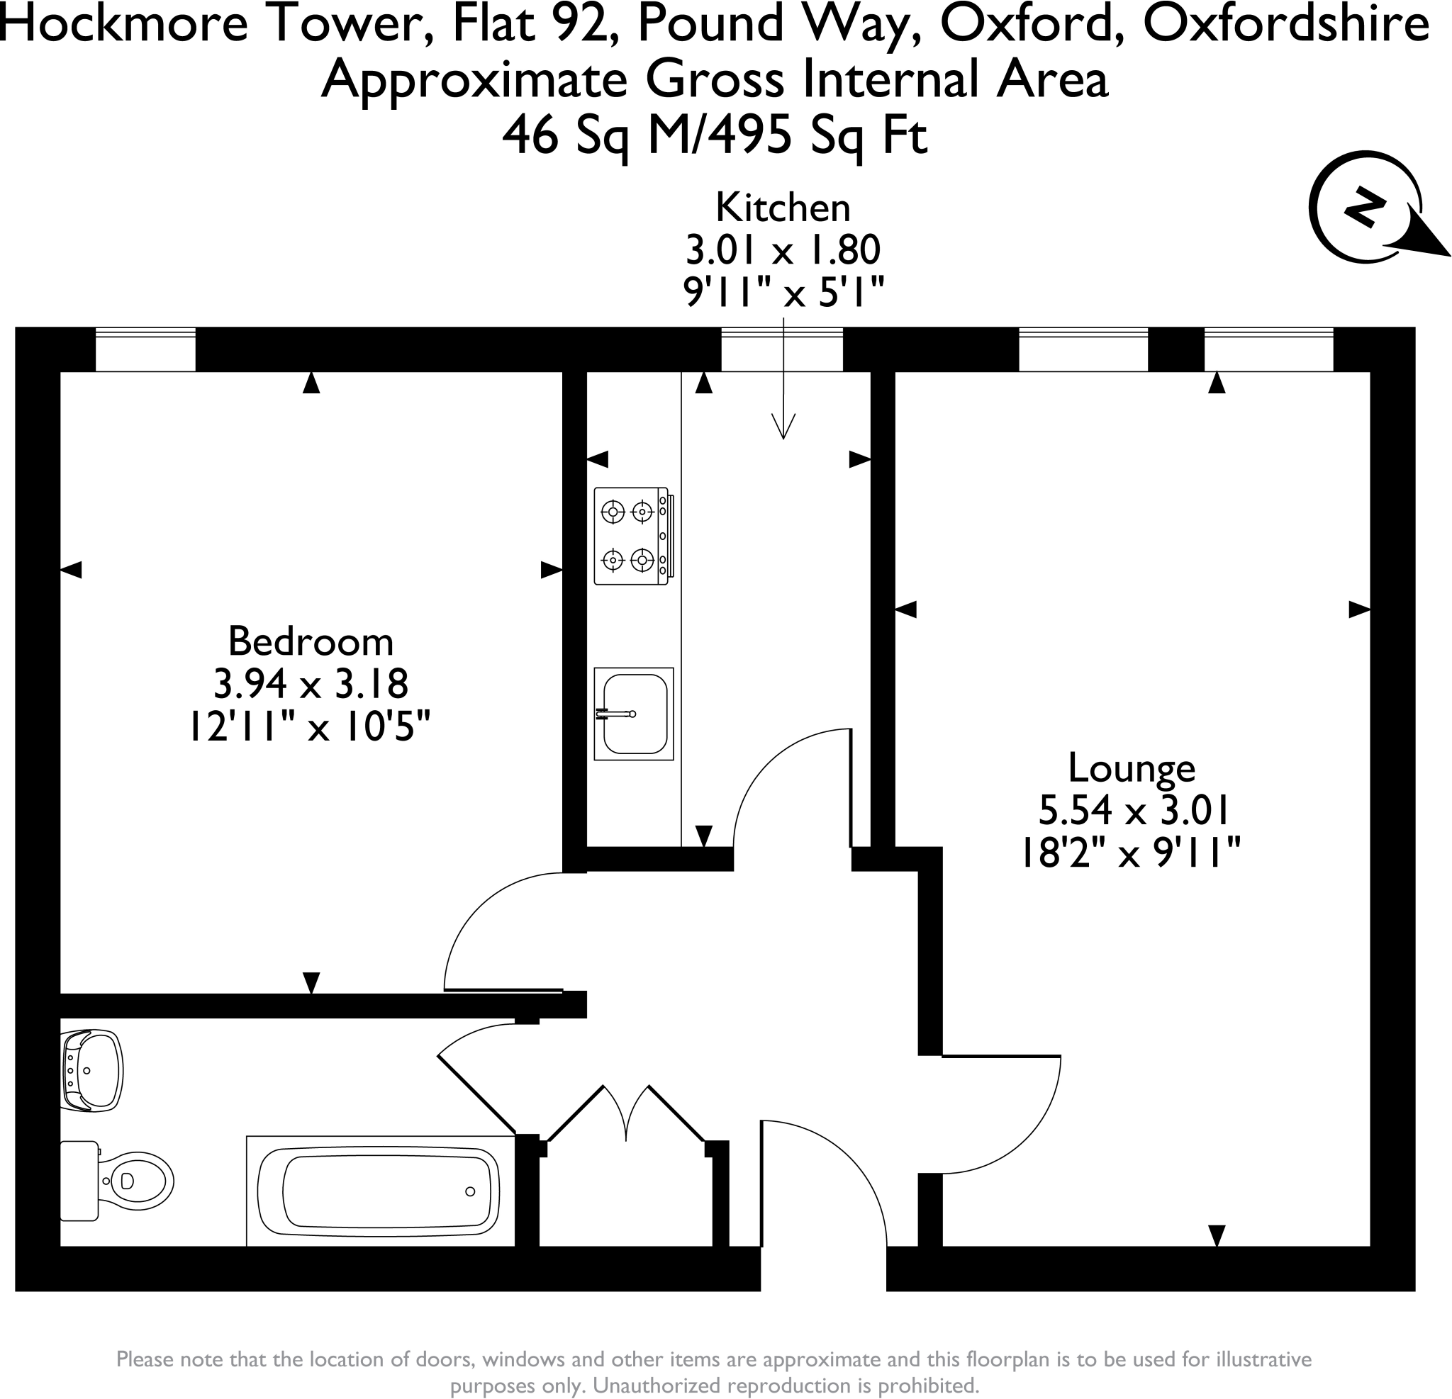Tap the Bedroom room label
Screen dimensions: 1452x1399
click(311, 641)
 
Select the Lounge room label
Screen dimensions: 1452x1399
click(1132, 768)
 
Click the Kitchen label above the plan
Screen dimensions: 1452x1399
click(782, 208)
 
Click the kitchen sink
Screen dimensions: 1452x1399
click(633, 713)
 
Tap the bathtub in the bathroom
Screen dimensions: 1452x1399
click(379, 1191)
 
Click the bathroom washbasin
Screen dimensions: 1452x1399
click(92, 1070)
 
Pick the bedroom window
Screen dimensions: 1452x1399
click(145, 349)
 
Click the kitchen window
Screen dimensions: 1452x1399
click(781, 349)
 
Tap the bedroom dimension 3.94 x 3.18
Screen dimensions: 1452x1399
click(311, 684)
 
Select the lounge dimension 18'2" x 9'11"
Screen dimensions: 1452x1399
click(1132, 853)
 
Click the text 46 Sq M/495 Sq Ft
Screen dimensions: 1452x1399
click(714, 136)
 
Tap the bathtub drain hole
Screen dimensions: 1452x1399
click(469, 1191)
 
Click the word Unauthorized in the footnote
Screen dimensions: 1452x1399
click(663, 1385)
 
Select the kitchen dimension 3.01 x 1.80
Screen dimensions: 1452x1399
click(782, 250)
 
